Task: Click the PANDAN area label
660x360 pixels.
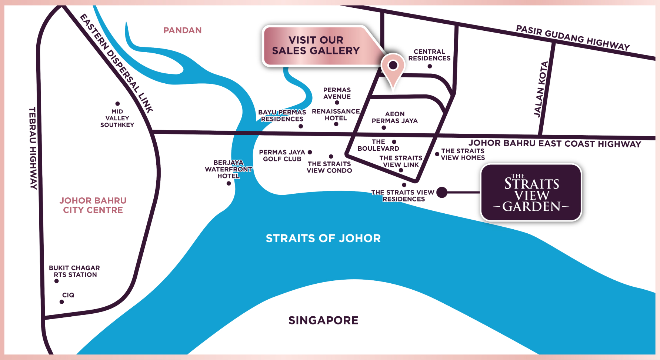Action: (x=183, y=30)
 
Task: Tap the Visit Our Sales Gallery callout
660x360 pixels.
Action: (x=316, y=46)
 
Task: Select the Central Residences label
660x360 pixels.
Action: (x=429, y=55)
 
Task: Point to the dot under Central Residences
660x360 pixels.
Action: (x=430, y=66)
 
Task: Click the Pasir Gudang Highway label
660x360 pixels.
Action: (x=573, y=38)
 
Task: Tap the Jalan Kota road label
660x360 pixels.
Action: (x=541, y=90)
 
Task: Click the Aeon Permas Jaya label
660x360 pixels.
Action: (x=394, y=117)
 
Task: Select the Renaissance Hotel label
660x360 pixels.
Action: (x=336, y=115)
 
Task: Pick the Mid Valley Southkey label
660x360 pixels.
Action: (x=117, y=118)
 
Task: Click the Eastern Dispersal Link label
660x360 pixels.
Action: (x=116, y=63)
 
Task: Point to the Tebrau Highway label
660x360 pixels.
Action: (x=33, y=148)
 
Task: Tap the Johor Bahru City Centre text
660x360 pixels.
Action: (x=93, y=205)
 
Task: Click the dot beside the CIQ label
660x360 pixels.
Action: (x=61, y=302)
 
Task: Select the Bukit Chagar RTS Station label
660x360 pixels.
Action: (x=74, y=271)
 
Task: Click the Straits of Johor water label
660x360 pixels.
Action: (x=323, y=238)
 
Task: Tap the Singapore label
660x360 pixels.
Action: (x=323, y=320)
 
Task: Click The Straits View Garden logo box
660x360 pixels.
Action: (x=531, y=193)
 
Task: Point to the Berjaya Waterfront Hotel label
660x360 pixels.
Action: (x=228, y=169)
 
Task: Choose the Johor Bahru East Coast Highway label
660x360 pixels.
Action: (x=554, y=144)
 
